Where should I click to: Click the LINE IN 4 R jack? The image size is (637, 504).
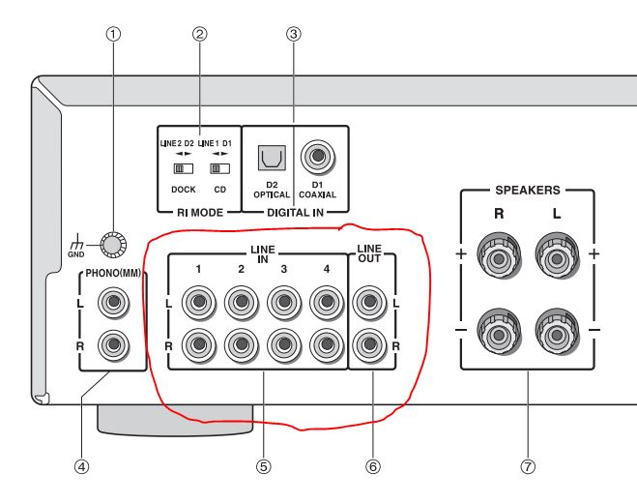click(326, 343)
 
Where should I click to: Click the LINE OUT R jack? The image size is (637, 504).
click(368, 343)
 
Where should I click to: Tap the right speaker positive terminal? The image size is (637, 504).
click(499, 261)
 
